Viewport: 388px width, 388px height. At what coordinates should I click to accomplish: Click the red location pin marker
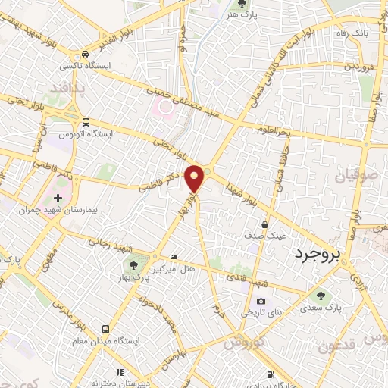click(196, 177)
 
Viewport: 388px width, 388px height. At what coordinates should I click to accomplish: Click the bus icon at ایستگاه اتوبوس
click(85, 121)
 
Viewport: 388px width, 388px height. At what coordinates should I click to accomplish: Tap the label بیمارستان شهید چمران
click(61, 187)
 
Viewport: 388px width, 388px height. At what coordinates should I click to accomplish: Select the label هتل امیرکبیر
click(174, 268)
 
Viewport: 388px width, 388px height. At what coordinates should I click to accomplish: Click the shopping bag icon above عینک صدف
click(264, 225)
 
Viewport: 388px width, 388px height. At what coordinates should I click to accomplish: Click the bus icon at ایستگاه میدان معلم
click(105, 330)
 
